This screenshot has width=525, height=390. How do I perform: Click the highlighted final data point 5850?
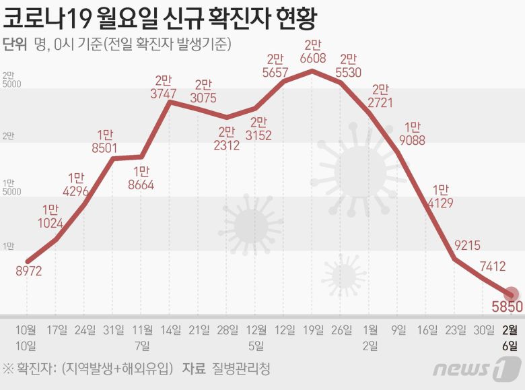tap(512, 295)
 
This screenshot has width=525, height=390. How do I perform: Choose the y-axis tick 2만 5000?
tap(11, 80)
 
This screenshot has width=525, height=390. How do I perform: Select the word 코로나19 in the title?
tap(51, 17)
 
